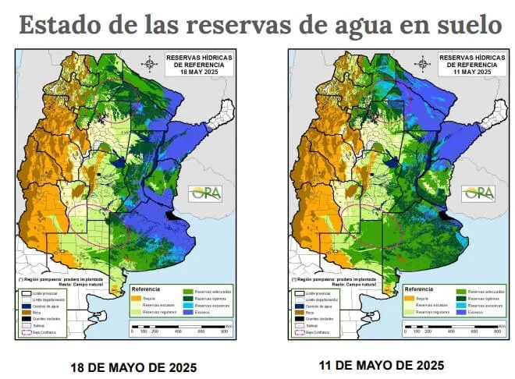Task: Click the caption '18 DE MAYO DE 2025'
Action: [x=123, y=366]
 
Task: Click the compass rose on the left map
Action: [x=149, y=62]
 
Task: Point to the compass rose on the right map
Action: [x=422, y=62]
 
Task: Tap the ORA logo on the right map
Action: [x=478, y=192]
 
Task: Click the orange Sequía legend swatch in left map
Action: [x=138, y=298]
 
